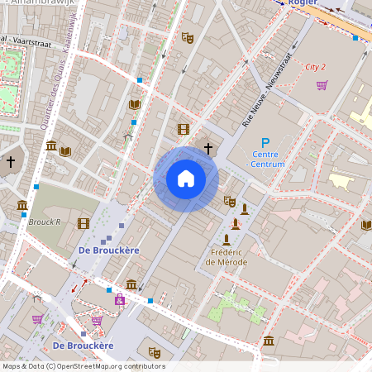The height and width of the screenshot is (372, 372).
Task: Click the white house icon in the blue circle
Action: coord(186,178)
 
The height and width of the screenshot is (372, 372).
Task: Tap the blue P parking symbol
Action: coord(265,143)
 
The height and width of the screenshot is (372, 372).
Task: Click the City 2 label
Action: coord(315,66)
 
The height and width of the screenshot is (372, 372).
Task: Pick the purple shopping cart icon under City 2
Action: coord(322,84)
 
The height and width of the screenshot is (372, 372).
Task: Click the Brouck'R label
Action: coord(45,222)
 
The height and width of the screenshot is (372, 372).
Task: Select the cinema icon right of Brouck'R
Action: coord(83,222)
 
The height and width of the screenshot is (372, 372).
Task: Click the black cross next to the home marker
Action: coord(208,148)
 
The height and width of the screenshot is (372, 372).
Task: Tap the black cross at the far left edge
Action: coord(10,162)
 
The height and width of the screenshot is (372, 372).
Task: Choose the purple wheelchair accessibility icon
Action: coord(120,300)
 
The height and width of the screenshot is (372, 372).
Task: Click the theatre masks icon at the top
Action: coord(188,38)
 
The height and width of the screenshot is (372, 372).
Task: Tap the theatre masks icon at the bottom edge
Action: coord(154,352)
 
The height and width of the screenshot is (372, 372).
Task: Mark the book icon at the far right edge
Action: coord(366,225)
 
